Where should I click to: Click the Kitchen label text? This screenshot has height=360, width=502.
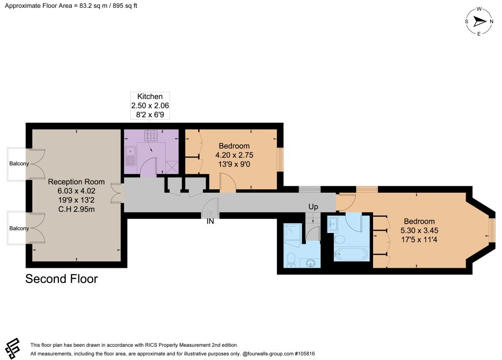(150, 97)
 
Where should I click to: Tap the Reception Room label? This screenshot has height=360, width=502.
(76, 181)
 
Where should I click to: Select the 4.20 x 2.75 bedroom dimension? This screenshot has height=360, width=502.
(234, 155)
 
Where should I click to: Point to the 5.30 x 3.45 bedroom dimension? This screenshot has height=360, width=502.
(420, 231)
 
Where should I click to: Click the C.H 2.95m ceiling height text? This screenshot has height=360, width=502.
(76, 209)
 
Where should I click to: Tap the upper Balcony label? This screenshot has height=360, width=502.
(19, 163)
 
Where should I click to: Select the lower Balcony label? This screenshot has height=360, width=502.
(19, 228)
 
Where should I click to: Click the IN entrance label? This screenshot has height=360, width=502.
(210, 221)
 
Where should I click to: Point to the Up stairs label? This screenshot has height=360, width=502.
(313, 207)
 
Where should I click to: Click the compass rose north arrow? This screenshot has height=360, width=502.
(479, 22)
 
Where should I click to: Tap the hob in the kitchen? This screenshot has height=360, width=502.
(151, 135)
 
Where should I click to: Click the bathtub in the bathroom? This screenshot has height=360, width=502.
(351, 255)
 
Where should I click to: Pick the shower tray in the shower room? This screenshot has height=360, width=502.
(293, 232)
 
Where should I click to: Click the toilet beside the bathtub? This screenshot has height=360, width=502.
(339, 239)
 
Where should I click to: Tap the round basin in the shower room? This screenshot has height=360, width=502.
(310, 263)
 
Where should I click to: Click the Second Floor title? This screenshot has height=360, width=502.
(61, 279)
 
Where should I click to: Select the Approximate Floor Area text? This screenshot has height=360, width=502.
(71, 6)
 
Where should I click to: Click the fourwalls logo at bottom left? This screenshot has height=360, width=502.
(13, 348)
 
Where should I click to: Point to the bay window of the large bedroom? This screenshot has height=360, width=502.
(492, 230)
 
